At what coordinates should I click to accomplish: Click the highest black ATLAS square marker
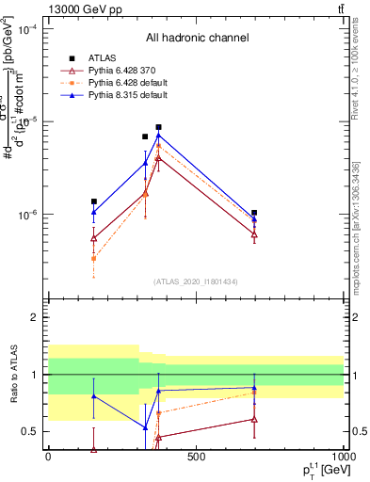[x=159, y=127]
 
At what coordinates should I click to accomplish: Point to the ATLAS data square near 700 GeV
[x=254, y=213]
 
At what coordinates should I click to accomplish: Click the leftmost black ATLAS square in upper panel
[x=93, y=201]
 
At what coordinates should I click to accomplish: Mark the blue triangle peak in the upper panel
[x=159, y=136]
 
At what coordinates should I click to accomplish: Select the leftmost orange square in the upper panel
[x=93, y=258]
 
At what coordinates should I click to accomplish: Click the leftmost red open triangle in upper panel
[x=93, y=238]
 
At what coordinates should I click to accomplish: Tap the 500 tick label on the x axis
[x=195, y=457]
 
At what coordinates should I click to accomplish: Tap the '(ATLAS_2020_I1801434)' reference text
[x=197, y=282]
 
